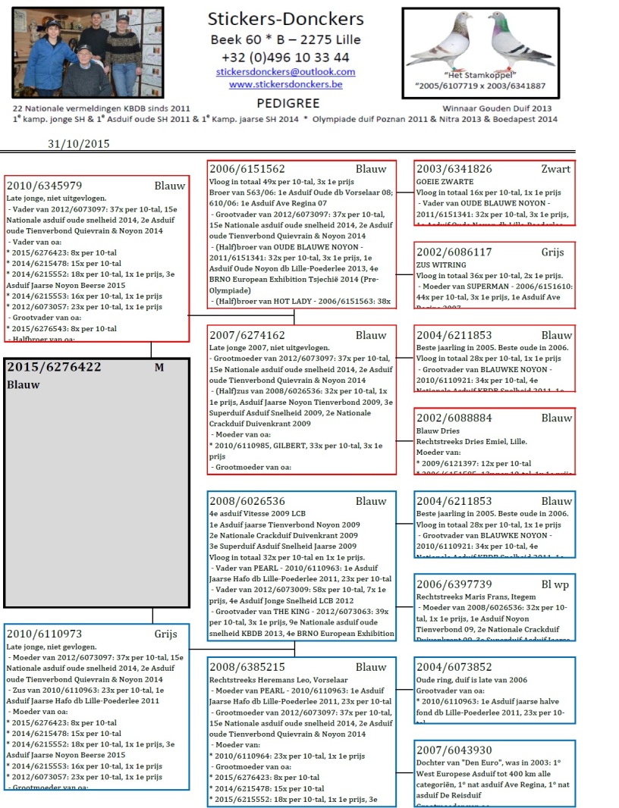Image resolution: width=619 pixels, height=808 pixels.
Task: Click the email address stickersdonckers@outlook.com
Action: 285,72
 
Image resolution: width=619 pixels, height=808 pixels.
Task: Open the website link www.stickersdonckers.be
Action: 285,84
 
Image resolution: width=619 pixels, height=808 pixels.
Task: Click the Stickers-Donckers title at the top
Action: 285,20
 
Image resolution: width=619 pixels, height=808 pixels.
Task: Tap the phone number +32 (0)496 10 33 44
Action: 285,57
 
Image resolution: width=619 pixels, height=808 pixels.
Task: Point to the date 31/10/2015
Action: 79,143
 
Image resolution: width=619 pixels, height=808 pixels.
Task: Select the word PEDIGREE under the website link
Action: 288,103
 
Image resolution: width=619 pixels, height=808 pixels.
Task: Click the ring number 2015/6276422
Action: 54,367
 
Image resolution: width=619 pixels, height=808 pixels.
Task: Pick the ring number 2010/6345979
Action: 44,185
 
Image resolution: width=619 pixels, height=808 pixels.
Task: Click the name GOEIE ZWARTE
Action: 445,182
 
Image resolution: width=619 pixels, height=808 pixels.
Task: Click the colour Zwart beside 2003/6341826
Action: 556,169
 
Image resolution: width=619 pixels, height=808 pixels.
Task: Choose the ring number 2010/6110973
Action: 44,634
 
